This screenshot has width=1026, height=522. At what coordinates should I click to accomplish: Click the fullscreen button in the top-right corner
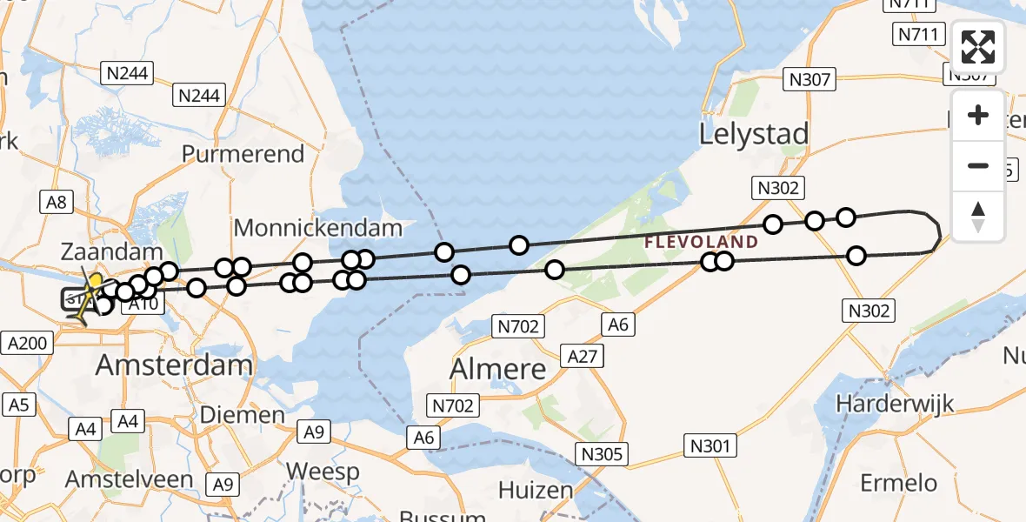(978, 47)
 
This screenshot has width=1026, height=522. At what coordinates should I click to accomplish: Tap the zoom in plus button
(978, 116)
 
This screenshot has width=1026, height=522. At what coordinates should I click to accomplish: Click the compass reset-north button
(978, 217)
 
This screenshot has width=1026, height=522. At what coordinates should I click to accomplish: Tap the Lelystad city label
(754, 134)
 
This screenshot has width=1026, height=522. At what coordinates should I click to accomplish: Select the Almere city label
(497, 369)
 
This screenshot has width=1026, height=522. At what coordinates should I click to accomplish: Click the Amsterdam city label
(174, 365)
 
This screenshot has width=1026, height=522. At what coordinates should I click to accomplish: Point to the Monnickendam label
(318, 229)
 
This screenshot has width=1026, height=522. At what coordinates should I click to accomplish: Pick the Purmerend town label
(243, 154)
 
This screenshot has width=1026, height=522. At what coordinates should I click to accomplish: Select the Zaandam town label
(112, 253)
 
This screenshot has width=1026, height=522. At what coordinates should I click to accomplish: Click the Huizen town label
(536, 491)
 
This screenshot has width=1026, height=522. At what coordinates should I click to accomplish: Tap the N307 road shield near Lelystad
(809, 80)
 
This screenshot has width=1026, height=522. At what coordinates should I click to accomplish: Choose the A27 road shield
(583, 356)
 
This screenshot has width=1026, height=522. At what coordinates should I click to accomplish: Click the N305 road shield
(602, 454)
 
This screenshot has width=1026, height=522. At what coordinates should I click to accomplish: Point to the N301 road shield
(710, 446)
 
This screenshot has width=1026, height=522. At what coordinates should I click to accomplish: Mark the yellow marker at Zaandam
(95, 281)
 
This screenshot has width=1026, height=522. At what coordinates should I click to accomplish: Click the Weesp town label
(323, 472)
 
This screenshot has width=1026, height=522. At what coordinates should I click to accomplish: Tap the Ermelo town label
(898, 483)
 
